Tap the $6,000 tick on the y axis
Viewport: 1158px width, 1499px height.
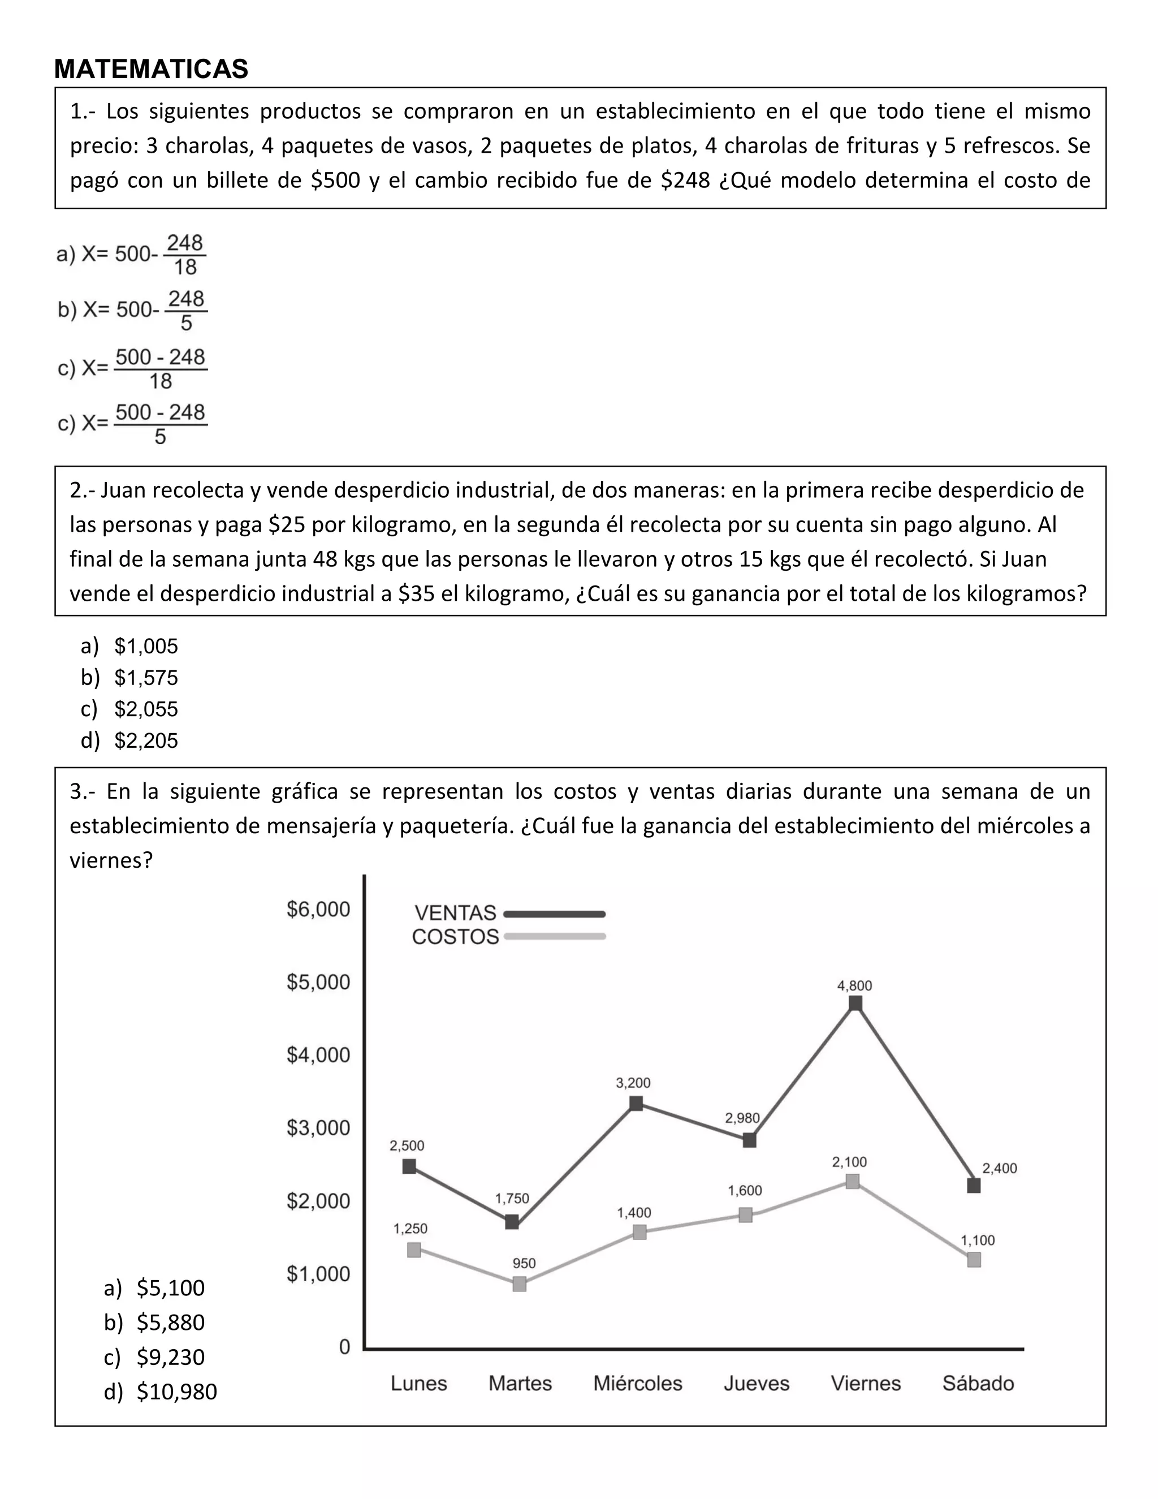tap(318, 910)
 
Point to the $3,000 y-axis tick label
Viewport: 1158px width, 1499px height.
tap(318, 1128)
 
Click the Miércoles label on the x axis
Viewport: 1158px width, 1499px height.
tap(637, 1383)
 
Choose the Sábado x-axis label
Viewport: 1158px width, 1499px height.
tap(978, 1383)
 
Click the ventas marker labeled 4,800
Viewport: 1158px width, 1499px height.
tap(855, 1003)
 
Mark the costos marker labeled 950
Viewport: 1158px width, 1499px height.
tap(519, 1284)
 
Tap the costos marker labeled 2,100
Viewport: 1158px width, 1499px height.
tap(852, 1181)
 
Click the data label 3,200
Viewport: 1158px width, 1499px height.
tap(633, 1083)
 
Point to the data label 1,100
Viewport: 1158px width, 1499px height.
tap(977, 1240)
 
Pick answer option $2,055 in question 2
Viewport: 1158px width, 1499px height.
tap(146, 709)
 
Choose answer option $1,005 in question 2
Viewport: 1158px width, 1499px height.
tap(146, 646)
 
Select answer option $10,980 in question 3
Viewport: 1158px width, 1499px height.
tap(176, 1392)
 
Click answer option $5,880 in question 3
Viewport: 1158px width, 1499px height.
tap(170, 1322)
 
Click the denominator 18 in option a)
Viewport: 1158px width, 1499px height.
tap(185, 267)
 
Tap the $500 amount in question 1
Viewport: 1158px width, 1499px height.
tap(335, 180)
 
